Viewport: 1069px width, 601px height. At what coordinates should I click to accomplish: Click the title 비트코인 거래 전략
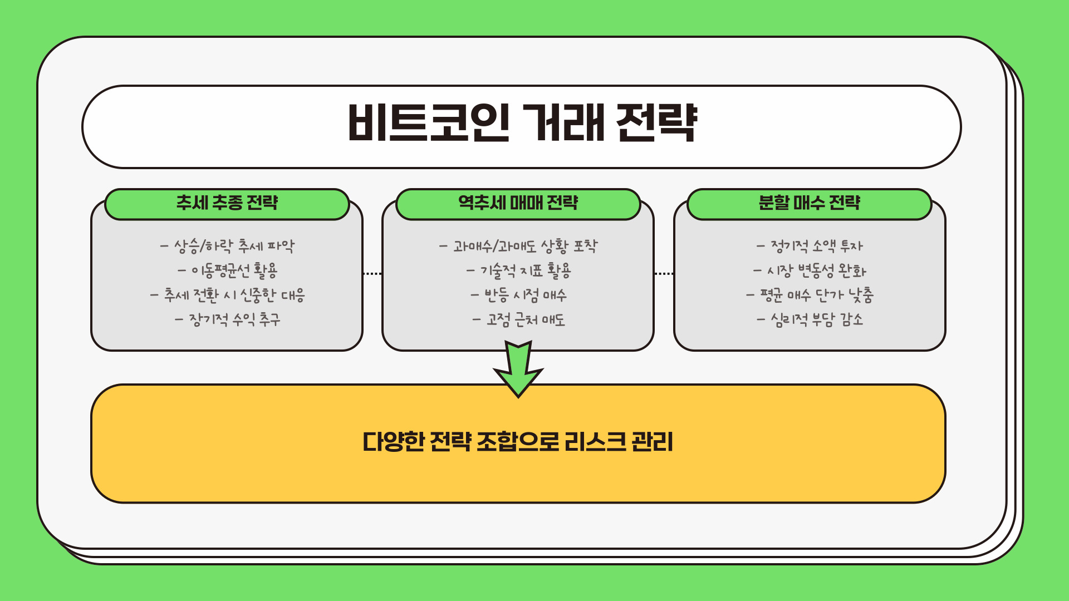pos(522,123)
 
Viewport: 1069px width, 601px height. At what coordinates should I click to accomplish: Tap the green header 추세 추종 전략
pos(227,203)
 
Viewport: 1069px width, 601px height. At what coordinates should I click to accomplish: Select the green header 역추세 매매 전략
pos(518,203)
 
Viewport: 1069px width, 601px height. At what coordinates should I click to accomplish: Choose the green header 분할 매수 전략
pos(809,203)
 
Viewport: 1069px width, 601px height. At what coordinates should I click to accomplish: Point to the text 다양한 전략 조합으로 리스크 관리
pos(518,442)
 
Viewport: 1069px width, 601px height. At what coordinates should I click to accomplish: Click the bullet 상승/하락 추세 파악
pos(227,245)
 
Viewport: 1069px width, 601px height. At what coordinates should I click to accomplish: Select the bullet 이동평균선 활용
pos(227,270)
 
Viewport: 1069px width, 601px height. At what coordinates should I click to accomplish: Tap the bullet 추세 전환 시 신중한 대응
pos(227,295)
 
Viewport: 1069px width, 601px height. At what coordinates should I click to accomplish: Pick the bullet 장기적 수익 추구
pos(227,319)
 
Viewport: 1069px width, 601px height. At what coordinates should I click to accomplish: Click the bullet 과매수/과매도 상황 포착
pos(518,245)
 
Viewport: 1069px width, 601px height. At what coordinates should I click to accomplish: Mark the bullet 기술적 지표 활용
pos(518,270)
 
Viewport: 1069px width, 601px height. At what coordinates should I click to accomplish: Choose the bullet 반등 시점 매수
pos(518,295)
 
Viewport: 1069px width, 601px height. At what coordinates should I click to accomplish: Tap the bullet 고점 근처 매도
pos(518,319)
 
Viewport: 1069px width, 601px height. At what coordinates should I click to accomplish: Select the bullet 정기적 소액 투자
pos(809,245)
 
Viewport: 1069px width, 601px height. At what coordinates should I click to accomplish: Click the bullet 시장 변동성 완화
pos(809,270)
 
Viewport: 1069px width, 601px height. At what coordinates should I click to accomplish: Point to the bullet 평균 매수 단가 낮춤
pos(809,295)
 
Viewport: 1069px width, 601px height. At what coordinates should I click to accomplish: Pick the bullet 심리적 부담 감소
pos(809,319)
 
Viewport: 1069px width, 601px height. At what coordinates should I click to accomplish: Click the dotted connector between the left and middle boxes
pos(372,274)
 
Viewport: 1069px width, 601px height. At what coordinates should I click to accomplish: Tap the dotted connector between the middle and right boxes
pos(664,274)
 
